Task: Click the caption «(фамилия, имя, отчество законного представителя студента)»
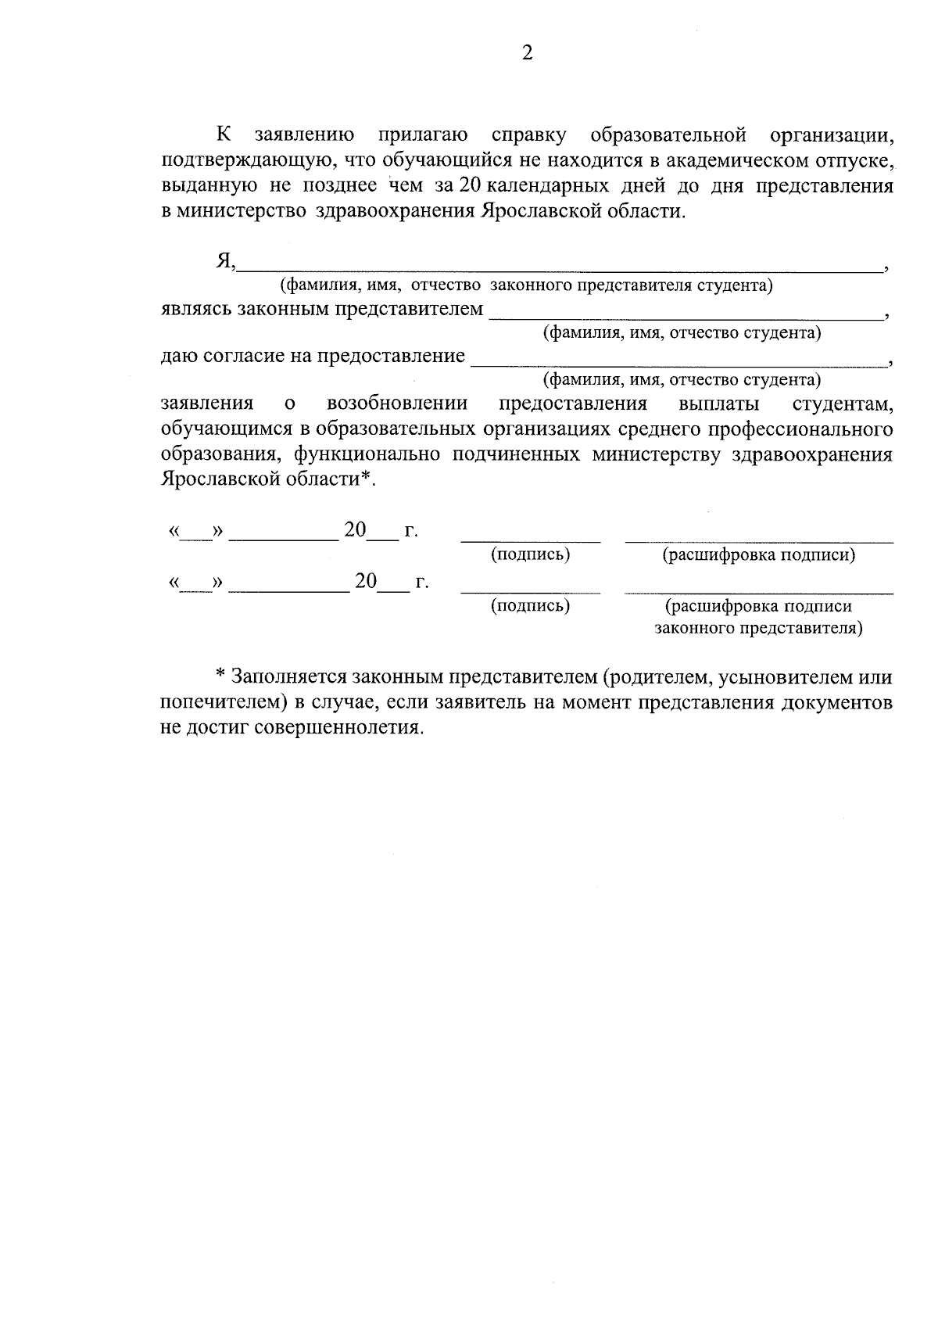click(527, 285)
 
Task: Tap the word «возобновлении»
click(397, 403)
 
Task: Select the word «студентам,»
click(843, 403)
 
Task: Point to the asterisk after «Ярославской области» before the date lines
click(364, 479)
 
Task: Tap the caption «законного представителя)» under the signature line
click(758, 628)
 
